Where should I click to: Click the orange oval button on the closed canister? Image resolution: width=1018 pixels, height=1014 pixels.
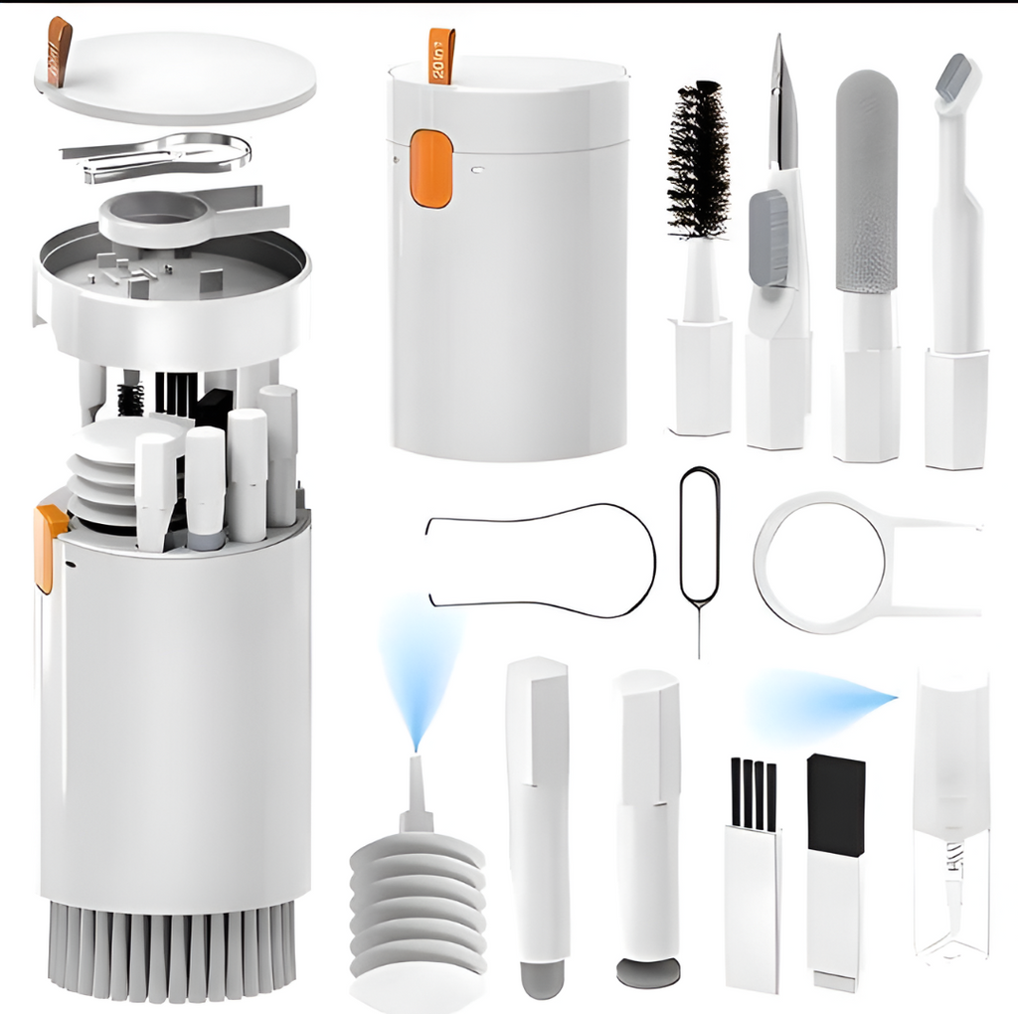pos(431,169)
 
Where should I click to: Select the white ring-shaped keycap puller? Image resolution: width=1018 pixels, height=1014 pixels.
pos(820,562)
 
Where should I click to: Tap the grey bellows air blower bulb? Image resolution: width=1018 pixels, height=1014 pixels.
pos(418,895)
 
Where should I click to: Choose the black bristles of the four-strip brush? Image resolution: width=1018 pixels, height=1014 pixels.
pos(753,793)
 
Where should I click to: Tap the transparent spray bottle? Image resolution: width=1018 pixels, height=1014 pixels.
pos(950,815)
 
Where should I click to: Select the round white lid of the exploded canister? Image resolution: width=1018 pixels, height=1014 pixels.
pos(179,78)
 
